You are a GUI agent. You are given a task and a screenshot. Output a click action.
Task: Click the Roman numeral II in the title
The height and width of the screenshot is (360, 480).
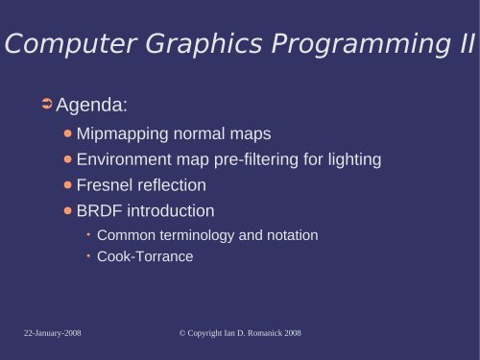[x=464, y=44]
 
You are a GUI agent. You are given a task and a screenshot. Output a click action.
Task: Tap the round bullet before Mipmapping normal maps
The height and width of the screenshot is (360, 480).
[x=68, y=133]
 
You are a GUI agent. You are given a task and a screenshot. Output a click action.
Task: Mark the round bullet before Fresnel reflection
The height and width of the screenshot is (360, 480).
[x=68, y=185]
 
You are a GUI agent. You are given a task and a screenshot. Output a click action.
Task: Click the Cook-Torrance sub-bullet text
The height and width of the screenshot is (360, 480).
[x=145, y=257]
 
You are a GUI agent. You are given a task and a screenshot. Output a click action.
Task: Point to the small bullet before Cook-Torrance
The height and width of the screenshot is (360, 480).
[x=88, y=257]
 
